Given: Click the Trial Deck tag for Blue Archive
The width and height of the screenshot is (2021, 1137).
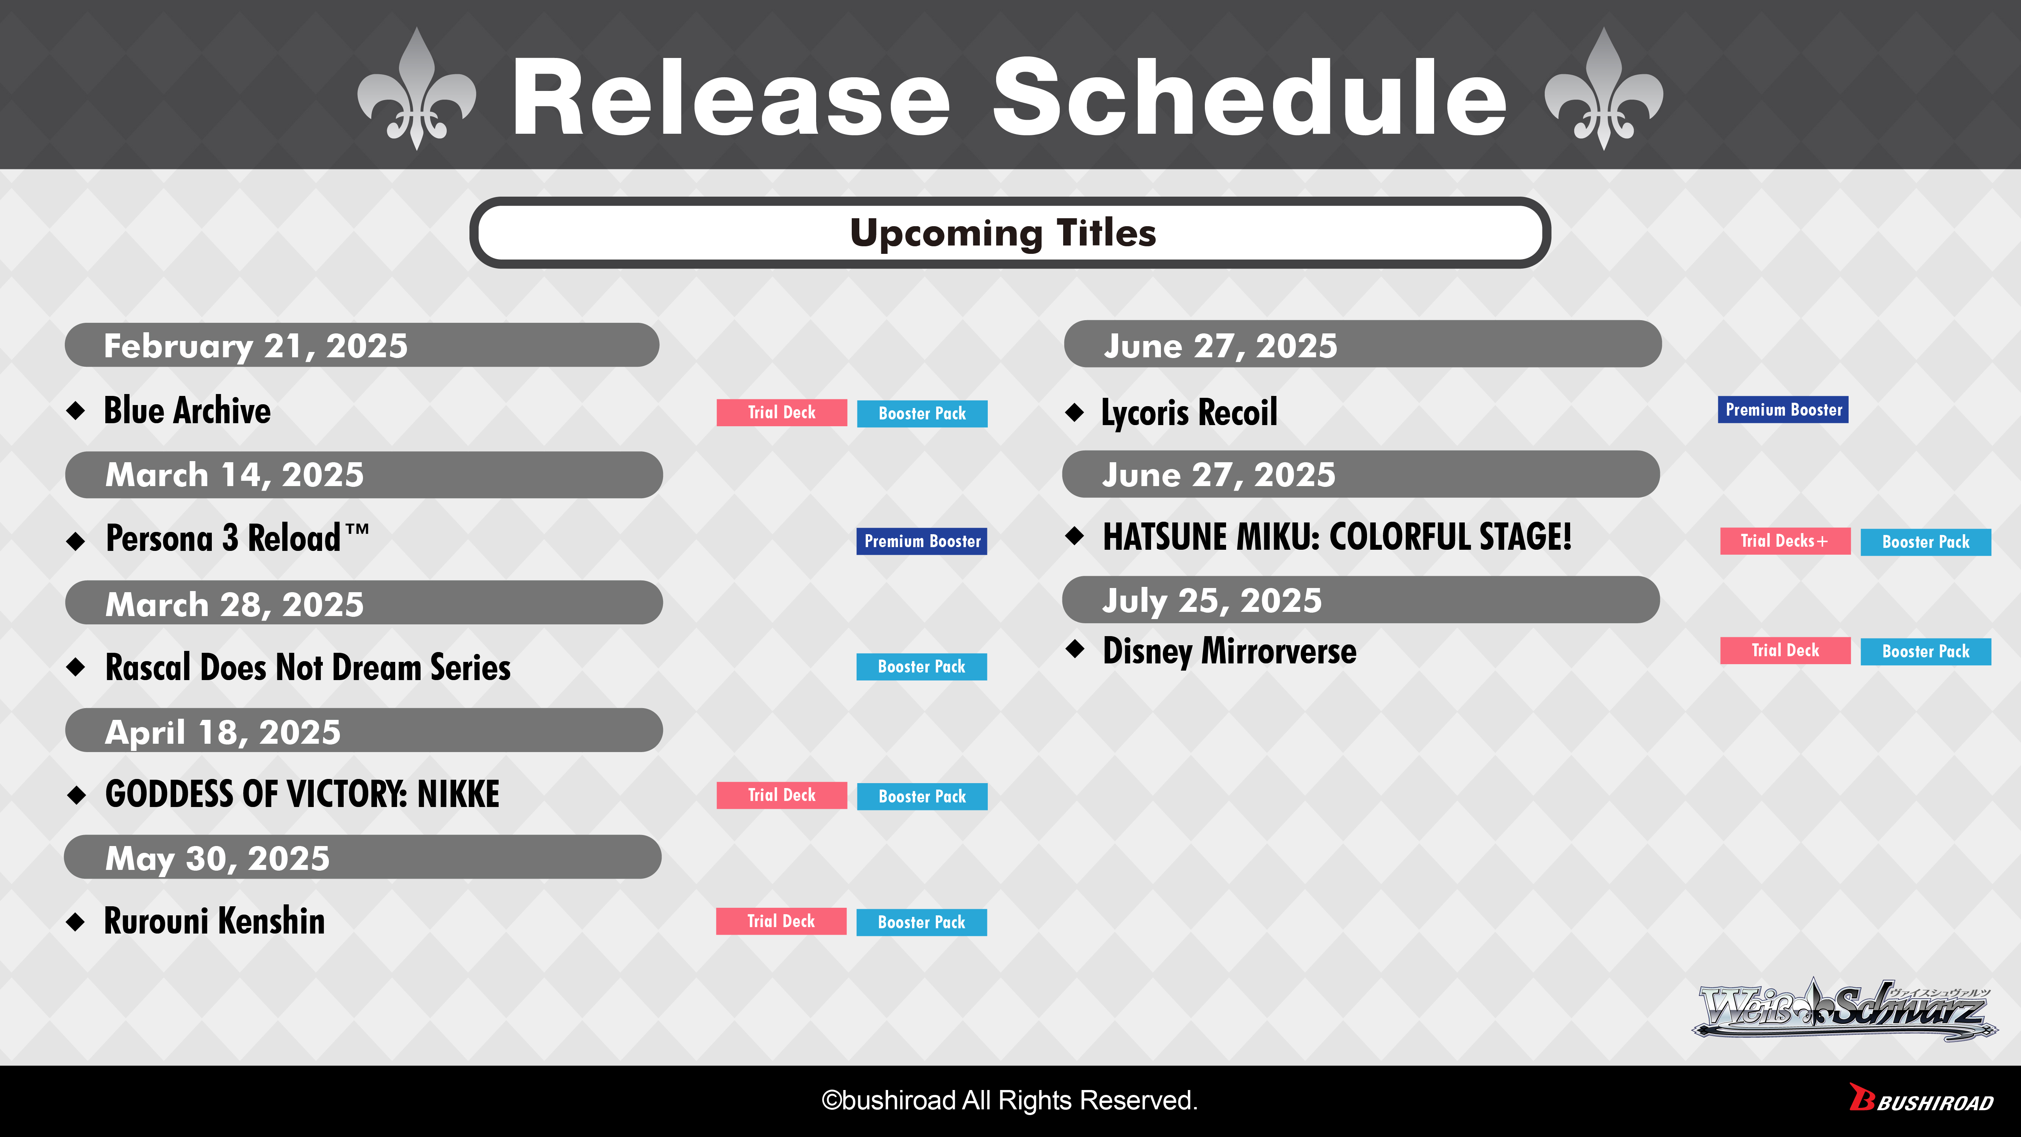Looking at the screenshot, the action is coord(781,413).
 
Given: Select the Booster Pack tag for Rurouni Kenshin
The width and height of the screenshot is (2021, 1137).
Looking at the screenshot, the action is coord(922,922).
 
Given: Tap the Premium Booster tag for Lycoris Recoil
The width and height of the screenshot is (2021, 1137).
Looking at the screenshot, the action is coord(1783,410).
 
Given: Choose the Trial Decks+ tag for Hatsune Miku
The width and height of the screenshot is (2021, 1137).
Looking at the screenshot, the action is coord(1785,541).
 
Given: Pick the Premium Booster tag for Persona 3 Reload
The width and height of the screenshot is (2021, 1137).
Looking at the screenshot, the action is coord(922,541).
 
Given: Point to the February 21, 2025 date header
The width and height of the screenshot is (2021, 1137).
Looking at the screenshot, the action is coord(362,345).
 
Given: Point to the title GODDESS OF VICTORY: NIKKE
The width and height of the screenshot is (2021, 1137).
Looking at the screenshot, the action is coord(302,794).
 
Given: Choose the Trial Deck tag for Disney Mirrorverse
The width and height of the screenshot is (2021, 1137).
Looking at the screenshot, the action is coord(1785,651).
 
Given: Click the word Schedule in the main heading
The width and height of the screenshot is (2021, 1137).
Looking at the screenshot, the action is coord(1250,98).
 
